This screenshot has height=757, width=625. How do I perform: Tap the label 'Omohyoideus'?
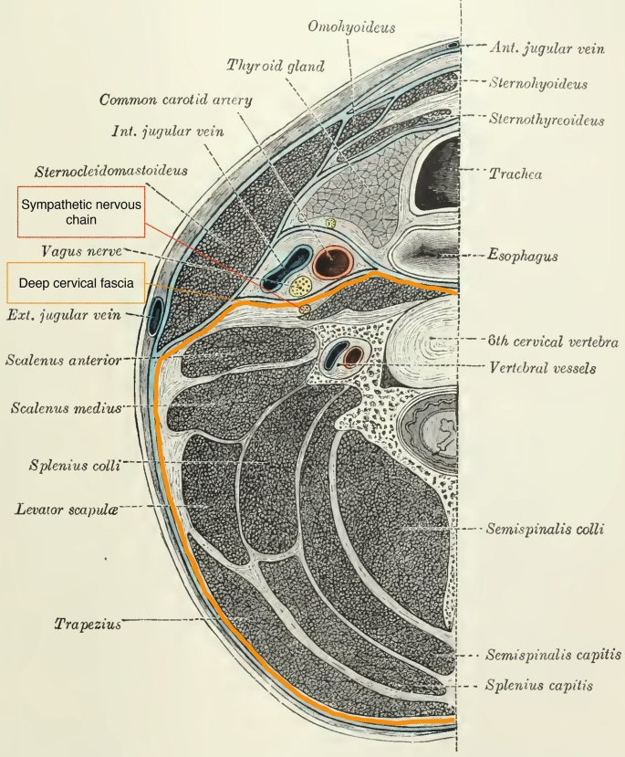351,27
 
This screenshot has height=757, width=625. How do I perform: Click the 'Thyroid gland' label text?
275,65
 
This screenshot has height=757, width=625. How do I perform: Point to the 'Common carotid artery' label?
176,100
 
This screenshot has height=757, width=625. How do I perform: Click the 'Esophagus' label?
523,258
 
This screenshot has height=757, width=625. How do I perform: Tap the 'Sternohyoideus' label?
538,84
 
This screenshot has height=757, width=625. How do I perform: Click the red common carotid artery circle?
332,263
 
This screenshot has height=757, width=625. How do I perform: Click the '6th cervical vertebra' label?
552,342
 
